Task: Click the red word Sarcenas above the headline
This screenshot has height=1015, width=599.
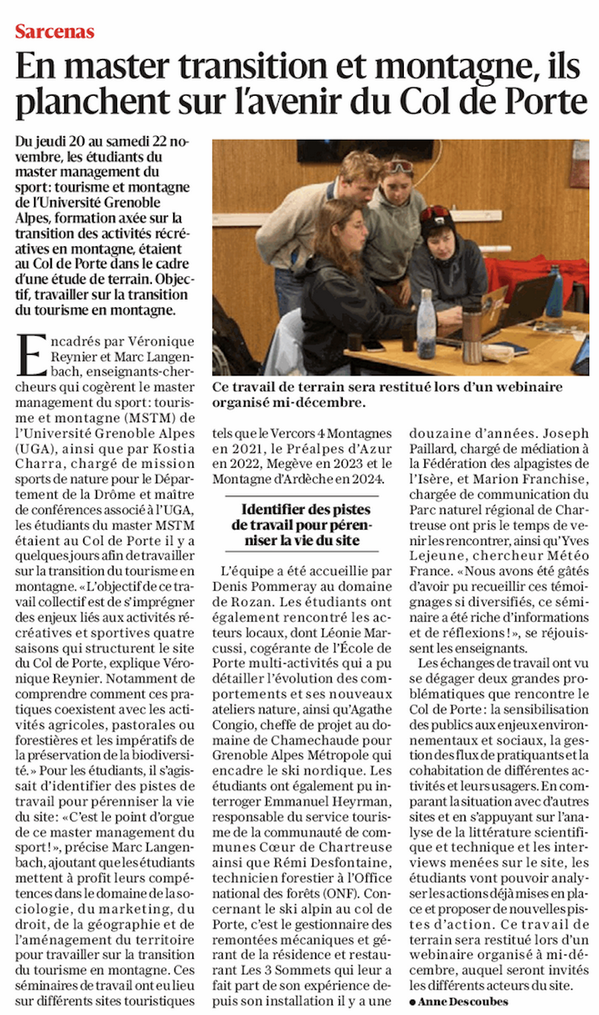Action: click(55, 32)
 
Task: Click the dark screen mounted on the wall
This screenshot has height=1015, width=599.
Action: click(364, 150)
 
